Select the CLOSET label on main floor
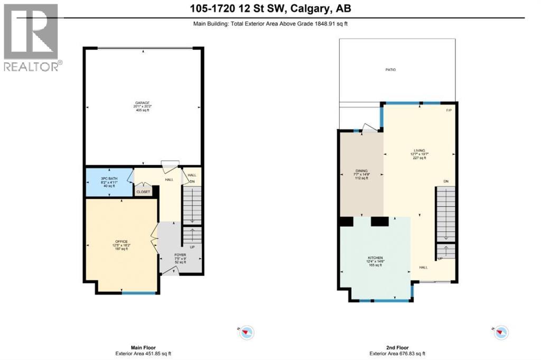143,192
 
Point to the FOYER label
181,254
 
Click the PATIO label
390,70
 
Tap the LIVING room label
420,150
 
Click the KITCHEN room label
376,258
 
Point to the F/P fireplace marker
449,110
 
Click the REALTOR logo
32,37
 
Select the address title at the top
270,8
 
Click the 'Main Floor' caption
144,348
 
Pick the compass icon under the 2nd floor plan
501,332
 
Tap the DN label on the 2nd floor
446,182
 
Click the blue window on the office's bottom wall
139,292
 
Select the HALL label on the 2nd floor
424,268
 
